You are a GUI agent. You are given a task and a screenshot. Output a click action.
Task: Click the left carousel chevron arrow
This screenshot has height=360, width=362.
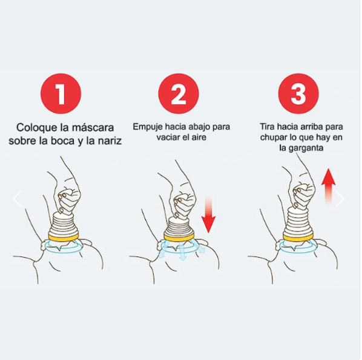coord(17,198)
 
